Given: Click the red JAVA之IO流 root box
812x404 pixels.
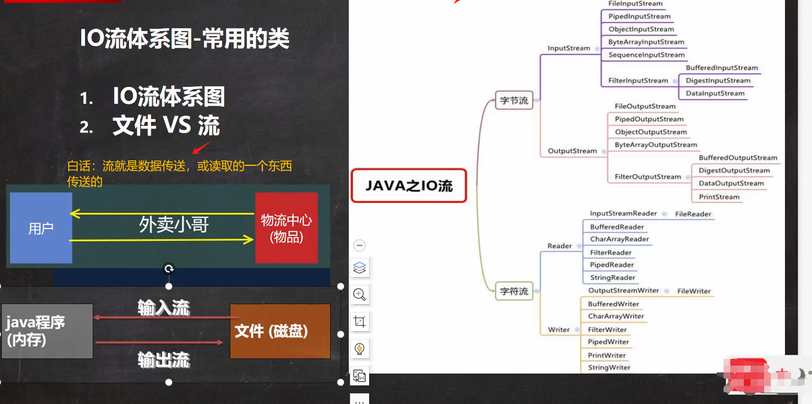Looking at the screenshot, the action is tap(409, 186).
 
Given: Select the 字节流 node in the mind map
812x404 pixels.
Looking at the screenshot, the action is tap(514, 100).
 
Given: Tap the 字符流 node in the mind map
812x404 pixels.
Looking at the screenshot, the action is tap(514, 291).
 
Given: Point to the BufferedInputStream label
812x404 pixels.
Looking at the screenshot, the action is tap(722, 68).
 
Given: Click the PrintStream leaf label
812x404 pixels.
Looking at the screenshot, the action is tap(719, 197).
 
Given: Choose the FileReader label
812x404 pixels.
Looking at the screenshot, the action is tap(693, 214).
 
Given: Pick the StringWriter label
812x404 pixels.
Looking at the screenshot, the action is tap(609, 367).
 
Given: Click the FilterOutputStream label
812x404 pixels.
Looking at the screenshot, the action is tap(648, 177).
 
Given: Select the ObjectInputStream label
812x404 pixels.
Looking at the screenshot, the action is tap(641, 29).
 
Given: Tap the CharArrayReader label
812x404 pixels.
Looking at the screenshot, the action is tap(619, 239).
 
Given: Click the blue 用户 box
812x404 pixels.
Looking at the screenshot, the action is tap(41, 228).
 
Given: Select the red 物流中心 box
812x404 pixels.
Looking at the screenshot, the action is tap(286, 228).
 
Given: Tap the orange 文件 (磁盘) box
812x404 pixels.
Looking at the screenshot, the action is tap(280, 331).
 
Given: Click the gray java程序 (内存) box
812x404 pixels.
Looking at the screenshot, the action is tap(47, 331).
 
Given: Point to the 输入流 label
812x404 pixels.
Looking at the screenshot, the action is tap(164, 308).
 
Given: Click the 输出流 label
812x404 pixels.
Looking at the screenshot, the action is tap(164, 360).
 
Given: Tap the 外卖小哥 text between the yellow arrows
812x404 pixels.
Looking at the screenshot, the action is tap(174, 225).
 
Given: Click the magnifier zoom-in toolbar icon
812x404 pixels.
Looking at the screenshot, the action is tap(360, 295).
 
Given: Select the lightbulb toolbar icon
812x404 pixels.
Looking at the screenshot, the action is tap(360, 349).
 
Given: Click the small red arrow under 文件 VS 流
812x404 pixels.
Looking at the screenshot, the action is tap(201, 147).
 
